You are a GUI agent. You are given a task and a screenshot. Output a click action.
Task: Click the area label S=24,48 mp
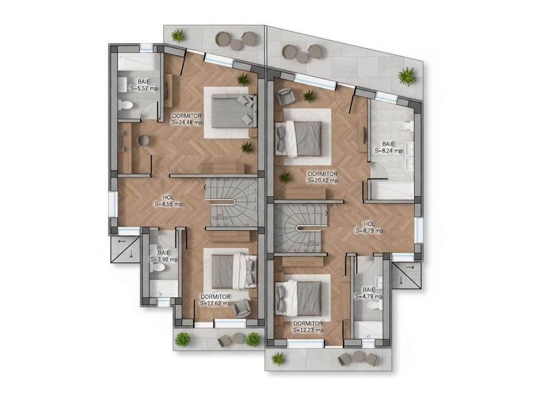(x=186, y=122)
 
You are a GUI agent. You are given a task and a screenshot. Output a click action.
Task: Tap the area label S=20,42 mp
(x=322, y=181)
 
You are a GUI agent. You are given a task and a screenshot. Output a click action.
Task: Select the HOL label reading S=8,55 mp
(x=168, y=204)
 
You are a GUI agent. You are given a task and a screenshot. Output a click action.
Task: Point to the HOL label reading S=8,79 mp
(x=369, y=231)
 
